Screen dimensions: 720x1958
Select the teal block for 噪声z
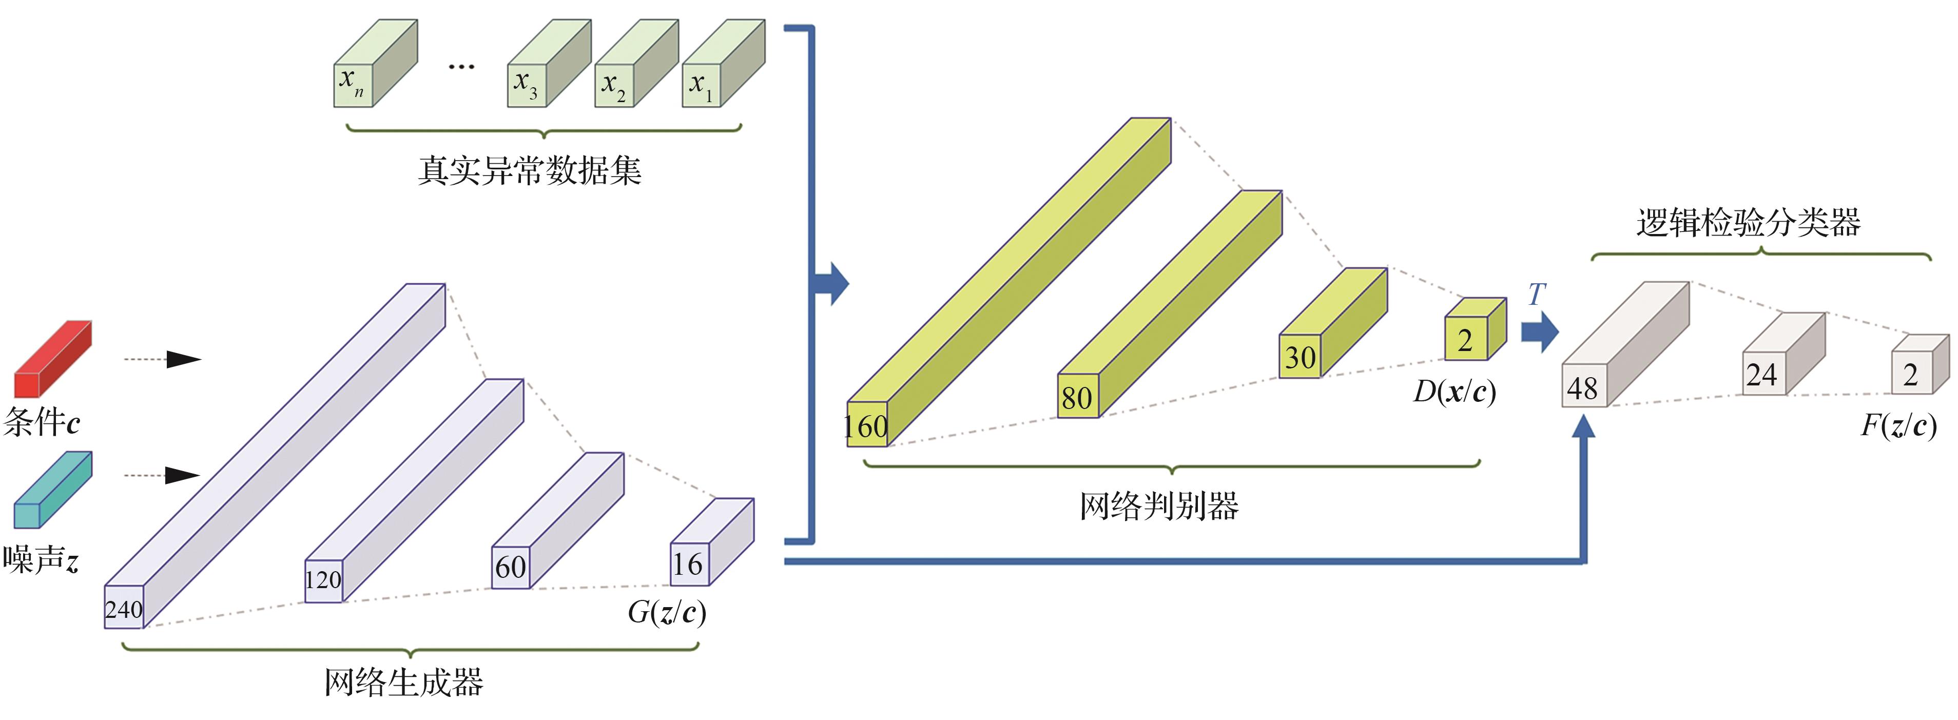(x=52, y=491)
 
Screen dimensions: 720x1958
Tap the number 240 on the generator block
(x=123, y=609)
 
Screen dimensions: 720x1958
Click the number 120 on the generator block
(x=323, y=580)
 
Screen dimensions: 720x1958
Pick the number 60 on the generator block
(x=510, y=567)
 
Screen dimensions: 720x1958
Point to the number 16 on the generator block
(x=688, y=564)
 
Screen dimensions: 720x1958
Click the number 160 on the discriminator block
(x=866, y=426)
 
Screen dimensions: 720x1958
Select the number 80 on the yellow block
(x=1077, y=398)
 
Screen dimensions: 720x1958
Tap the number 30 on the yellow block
(x=1300, y=357)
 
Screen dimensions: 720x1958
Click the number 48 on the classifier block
(x=1582, y=388)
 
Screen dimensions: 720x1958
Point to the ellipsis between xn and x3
(x=461, y=67)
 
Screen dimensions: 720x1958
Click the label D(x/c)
(x=1454, y=392)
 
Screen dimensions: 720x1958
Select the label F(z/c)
(x=1898, y=426)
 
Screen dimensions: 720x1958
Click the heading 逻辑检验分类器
(x=1748, y=223)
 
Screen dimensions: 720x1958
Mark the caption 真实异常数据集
(x=529, y=170)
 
